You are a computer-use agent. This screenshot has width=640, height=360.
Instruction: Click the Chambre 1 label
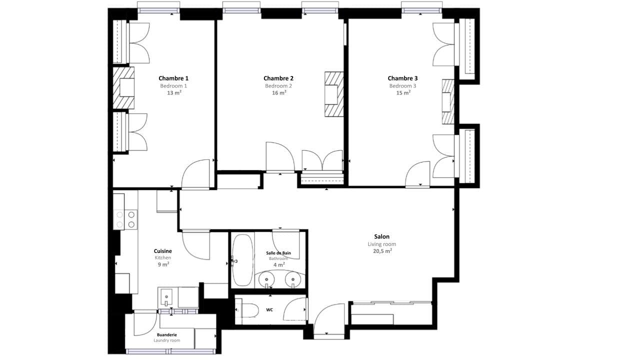[x=173, y=78]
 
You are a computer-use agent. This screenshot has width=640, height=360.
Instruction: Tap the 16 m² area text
[x=279, y=92]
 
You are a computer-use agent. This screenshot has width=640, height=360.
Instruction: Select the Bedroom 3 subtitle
[x=402, y=85]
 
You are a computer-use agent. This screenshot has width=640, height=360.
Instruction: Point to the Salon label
[x=381, y=236]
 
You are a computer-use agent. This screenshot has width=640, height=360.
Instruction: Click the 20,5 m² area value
[x=382, y=251]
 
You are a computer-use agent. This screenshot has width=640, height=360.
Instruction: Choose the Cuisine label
[x=163, y=251]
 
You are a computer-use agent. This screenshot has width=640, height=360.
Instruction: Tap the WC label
[x=269, y=309]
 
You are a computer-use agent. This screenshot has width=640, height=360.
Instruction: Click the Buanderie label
[x=167, y=335]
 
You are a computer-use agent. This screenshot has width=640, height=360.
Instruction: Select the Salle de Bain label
[x=278, y=253]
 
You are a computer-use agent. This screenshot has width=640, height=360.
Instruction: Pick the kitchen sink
[x=166, y=297]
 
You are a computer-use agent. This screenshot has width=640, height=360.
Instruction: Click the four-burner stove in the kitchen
[x=125, y=219]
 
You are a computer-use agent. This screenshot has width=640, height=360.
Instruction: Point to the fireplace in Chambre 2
[x=333, y=94]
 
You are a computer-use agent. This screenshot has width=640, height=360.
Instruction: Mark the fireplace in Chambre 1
[x=123, y=87]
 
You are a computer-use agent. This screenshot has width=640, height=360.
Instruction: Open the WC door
[x=294, y=309]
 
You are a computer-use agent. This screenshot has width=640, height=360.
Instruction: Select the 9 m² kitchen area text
[x=163, y=264]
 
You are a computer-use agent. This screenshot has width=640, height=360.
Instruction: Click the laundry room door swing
[x=145, y=324]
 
